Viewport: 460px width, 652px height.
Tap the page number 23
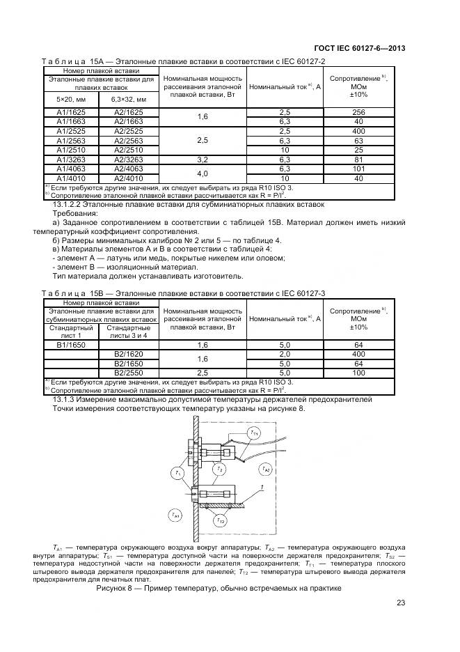point(401,603)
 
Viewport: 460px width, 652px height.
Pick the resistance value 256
point(358,112)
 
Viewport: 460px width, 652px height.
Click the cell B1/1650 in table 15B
point(72,345)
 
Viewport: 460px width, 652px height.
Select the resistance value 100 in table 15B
point(358,373)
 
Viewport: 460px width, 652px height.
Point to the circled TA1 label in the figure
point(174,515)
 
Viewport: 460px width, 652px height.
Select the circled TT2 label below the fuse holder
point(220,520)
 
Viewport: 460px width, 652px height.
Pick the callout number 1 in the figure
point(261,487)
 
